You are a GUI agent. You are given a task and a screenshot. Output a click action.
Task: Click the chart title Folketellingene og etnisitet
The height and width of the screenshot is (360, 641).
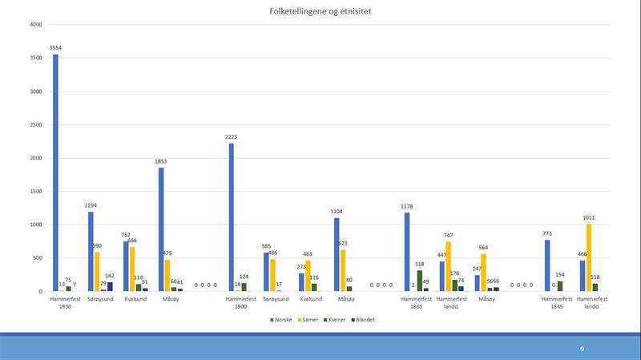[320, 11]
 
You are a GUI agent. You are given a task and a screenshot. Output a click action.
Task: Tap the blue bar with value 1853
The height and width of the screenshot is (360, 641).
[161, 229]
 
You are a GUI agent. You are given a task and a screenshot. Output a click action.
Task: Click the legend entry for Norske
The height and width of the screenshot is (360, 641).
[280, 319]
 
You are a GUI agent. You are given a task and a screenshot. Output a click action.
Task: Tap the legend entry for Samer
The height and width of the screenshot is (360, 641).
[308, 319]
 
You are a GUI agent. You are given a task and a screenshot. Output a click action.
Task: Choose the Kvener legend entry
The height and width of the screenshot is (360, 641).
[335, 319]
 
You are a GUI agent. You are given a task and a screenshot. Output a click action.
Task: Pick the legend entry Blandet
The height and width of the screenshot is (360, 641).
[363, 319]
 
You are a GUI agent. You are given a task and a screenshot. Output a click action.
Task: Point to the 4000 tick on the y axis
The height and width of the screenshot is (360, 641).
[35, 24]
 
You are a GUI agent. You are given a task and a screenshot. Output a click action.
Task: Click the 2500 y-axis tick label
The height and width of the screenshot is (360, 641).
[35, 124]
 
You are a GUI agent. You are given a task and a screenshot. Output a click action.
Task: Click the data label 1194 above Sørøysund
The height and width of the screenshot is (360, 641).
[91, 205]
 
